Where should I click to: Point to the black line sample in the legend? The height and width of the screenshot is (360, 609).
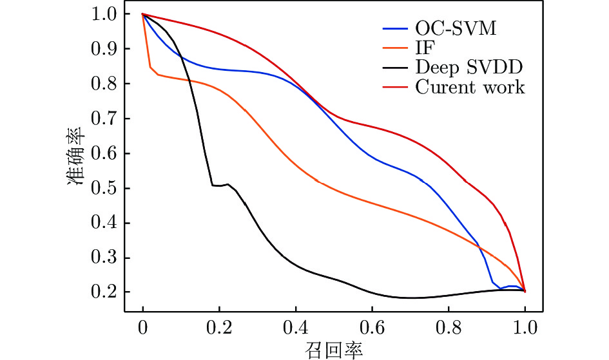[394, 67]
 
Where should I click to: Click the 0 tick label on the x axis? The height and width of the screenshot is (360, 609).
[142, 328]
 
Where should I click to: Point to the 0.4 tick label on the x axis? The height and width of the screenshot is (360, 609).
[296, 328]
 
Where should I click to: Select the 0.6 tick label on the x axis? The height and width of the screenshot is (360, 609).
[372, 328]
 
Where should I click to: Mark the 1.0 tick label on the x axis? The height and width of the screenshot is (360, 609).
[525, 328]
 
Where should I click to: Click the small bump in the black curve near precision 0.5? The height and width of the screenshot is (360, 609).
[227, 184]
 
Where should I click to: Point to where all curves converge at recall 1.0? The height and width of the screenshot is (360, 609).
[525, 292]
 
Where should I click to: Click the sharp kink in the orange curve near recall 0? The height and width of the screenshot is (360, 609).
[150, 67]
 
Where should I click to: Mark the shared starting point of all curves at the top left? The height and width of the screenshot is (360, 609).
[142, 14]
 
